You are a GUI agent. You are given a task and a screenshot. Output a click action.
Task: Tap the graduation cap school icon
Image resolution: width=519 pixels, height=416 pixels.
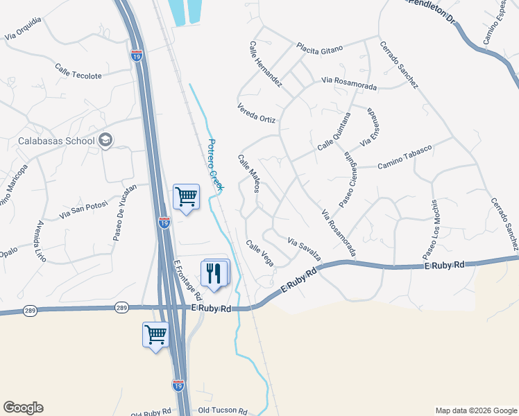click(x=105, y=141)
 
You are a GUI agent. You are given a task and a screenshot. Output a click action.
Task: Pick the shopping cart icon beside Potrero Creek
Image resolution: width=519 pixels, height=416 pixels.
click(x=186, y=197)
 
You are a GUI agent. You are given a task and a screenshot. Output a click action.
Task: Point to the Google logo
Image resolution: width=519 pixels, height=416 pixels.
click(x=23, y=408)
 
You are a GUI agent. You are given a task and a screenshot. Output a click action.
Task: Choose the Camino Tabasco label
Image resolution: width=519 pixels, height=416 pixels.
click(x=405, y=157)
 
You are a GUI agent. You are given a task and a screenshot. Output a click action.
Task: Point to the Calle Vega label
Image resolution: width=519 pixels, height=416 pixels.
click(x=259, y=252)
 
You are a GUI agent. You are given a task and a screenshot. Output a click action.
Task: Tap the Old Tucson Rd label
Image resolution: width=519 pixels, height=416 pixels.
click(x=222, y=411)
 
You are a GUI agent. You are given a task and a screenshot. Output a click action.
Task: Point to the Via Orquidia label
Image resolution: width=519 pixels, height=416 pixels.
click(x=23, y=27)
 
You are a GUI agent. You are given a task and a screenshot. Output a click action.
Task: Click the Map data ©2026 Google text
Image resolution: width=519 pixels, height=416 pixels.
click(x=476, y=410)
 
